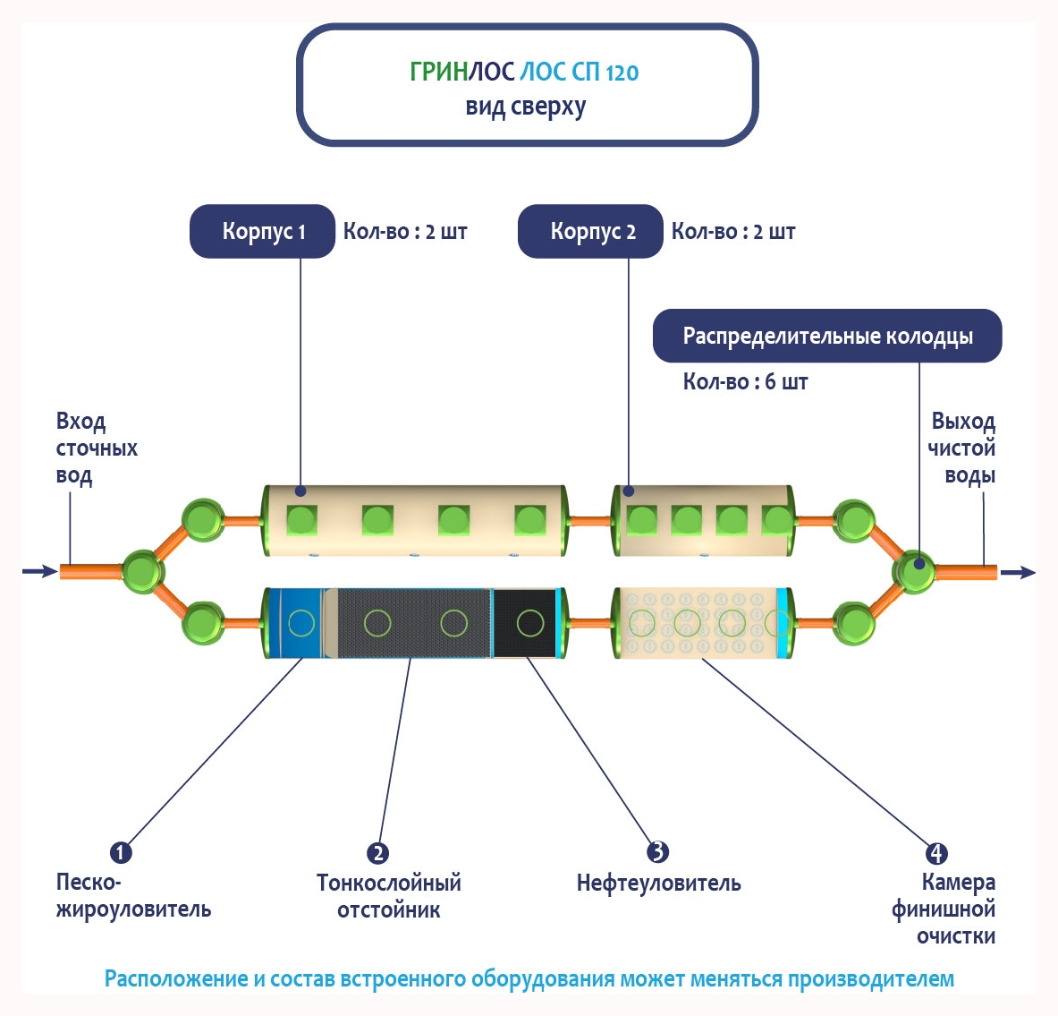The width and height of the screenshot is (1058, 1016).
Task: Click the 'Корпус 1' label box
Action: [263, 232]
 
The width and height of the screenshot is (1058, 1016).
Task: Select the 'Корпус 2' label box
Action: [591, 232]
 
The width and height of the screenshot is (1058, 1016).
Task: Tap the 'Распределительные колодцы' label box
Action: [827, 336]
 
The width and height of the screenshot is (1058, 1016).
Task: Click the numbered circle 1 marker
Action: [121, 852]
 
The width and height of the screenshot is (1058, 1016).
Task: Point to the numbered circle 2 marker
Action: [378, 853]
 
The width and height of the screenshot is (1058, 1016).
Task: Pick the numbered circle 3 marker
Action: [657, 852]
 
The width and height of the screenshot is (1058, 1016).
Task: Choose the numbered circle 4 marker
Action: [935, 853]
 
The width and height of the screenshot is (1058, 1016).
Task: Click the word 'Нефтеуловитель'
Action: [658, 884]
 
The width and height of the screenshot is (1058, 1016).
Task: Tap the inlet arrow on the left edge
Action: [38, 571]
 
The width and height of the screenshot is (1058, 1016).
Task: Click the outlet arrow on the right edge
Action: [1019, 572]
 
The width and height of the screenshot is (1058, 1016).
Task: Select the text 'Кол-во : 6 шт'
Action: [745, 382]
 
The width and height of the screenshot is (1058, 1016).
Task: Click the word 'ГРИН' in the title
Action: [438, 73]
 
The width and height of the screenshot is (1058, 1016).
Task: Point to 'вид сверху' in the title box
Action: [526, 107]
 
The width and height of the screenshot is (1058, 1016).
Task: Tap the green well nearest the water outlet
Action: [914, 570]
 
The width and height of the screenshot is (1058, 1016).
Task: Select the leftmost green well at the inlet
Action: [141, 570]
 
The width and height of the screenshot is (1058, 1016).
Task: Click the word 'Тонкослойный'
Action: [389, 883]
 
